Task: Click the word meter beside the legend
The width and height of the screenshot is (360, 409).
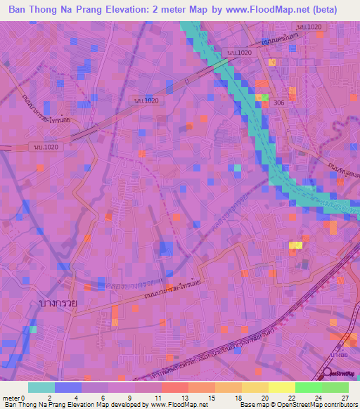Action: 12,397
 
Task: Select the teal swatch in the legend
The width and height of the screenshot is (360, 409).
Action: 41,387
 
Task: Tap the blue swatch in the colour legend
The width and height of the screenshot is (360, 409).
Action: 67,387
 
